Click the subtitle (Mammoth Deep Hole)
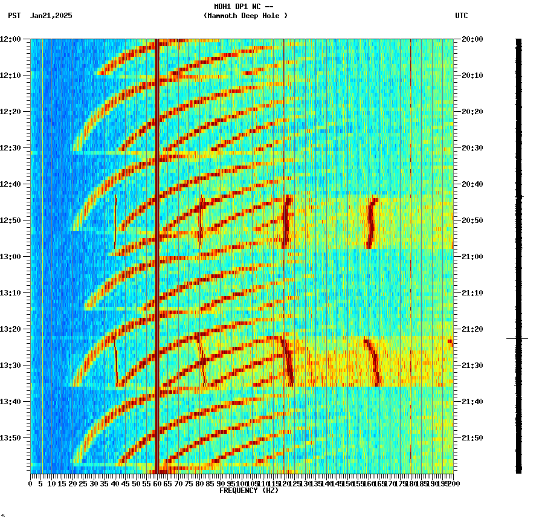245,16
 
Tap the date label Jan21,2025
51,16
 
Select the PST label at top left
15,16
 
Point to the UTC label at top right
462,16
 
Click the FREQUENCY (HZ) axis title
249,491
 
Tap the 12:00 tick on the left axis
11,39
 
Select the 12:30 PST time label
11,148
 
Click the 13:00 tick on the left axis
11,257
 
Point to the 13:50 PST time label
11,438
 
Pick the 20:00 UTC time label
472,39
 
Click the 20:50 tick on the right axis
472,221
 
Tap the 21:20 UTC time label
472,329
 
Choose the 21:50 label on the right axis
472,438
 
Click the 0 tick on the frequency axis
31,483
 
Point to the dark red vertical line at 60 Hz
156,254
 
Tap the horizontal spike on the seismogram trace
517,339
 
